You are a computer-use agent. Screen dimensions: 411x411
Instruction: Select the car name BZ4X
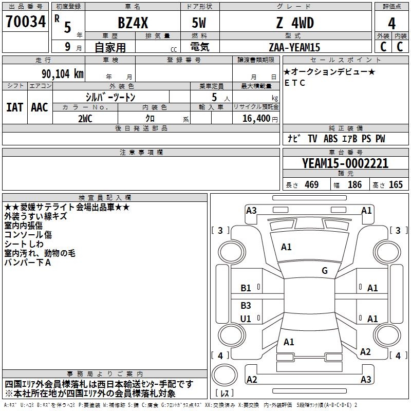point(132,23)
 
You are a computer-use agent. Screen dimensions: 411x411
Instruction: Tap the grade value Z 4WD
point(294,23)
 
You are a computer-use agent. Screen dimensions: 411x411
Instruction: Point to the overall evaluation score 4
point(391,23)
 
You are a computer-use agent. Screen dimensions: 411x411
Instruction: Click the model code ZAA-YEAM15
point(294,47)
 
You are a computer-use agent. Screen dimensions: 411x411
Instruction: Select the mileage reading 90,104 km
point(59,73)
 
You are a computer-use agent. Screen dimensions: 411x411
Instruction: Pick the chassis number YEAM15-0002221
point(345,163)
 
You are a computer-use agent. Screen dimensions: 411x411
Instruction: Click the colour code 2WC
point(85,118)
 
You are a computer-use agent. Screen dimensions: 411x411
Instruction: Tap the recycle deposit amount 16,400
point(255,118)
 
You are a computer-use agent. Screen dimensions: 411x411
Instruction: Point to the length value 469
point(311,184)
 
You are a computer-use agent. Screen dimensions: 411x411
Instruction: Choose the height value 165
point(395,184)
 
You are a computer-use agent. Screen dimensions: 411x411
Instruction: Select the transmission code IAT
point(14,107)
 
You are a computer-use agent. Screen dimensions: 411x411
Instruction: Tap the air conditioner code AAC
point(39,107)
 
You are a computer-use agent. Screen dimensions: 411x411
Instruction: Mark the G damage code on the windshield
point(324,271)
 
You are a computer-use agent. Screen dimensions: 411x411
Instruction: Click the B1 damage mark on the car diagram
point(246,288)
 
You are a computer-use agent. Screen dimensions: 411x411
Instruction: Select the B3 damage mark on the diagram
point(246,306)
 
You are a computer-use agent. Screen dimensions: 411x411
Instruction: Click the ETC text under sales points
point(294,82)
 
